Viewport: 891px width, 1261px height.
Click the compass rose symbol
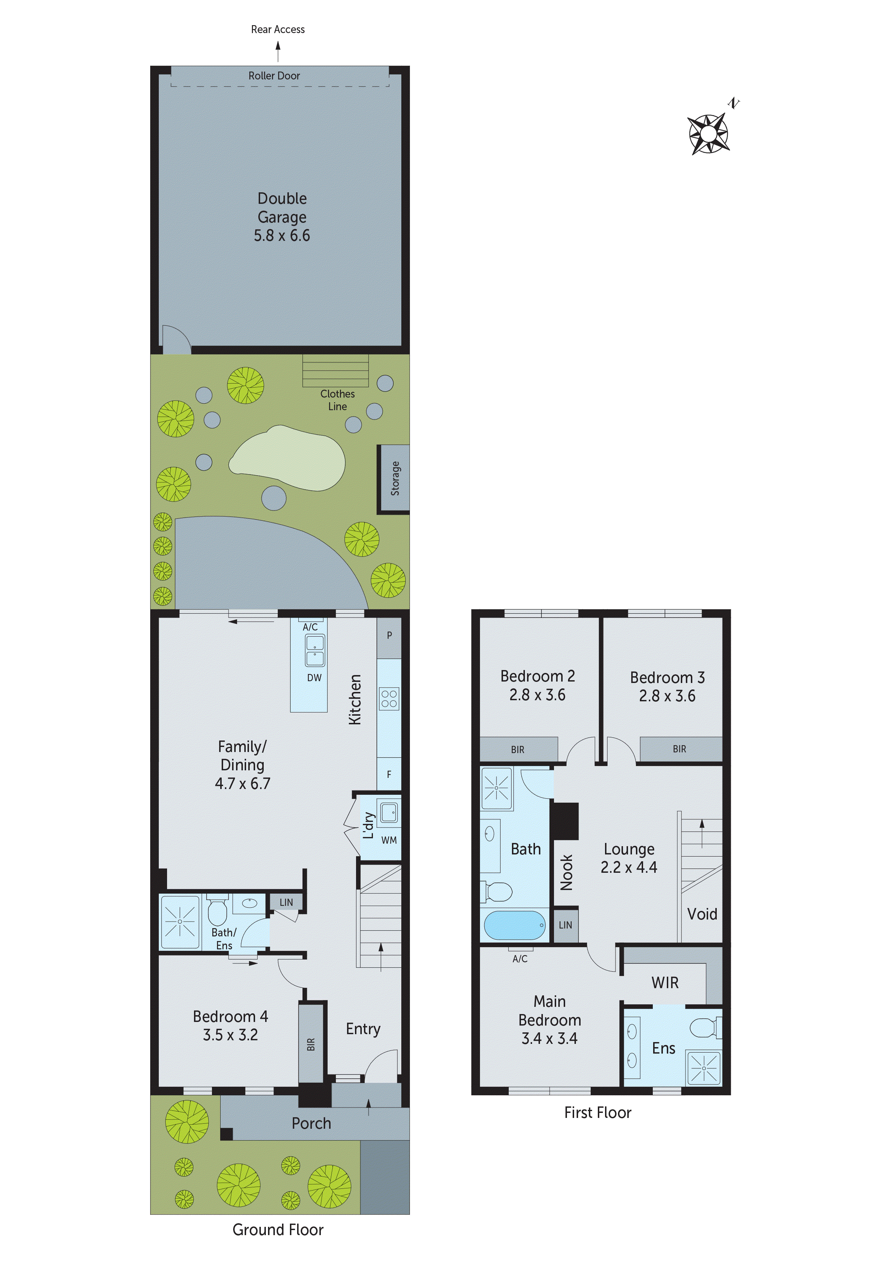click(708, 133)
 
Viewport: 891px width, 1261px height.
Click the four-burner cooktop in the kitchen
click(389, 698)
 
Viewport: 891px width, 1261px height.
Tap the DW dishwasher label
click(314, 678)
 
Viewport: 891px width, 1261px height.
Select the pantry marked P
click(389, 636)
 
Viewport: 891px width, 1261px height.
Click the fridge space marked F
click(389, 774)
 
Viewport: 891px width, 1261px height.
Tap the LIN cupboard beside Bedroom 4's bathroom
click(286, 902)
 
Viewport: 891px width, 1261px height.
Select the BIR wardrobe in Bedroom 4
click(311, 1044)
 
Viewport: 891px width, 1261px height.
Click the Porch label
click(311, 1123)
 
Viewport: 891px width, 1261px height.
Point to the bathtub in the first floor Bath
click(514, 925)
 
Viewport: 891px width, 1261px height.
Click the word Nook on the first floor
click(566, 872)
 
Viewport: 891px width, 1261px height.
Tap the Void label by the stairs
click(702, 914)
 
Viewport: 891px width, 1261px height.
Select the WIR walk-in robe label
click(665, 982)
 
